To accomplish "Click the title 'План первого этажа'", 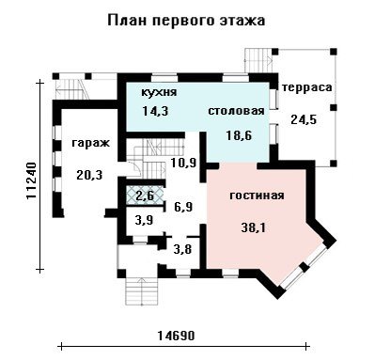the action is [x=186, y=21].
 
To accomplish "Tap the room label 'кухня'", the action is [x=159, y=92].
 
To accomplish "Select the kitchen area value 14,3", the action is [x=155, y=111].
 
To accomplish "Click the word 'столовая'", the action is [x=236, y=111].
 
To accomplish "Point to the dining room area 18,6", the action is [x=239, y=135].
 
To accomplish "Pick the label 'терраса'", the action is [x=306, y=87].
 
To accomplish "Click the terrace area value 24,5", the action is [x=304, y=119].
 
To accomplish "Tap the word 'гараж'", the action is [x=91, y=143].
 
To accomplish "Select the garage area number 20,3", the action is [x=89, y=175].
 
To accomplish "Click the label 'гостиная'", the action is [x=257, y=196].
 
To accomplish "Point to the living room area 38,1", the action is [x=254, y=227].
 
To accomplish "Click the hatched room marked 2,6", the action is [x=145, y=196].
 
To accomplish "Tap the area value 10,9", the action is [x=183, y=163].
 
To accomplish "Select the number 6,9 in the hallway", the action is [x=183, y=207].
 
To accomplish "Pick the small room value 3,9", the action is [x=144, y=220].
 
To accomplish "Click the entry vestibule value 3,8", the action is [x=182, y=250].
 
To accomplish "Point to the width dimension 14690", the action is [x=176, y=336].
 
